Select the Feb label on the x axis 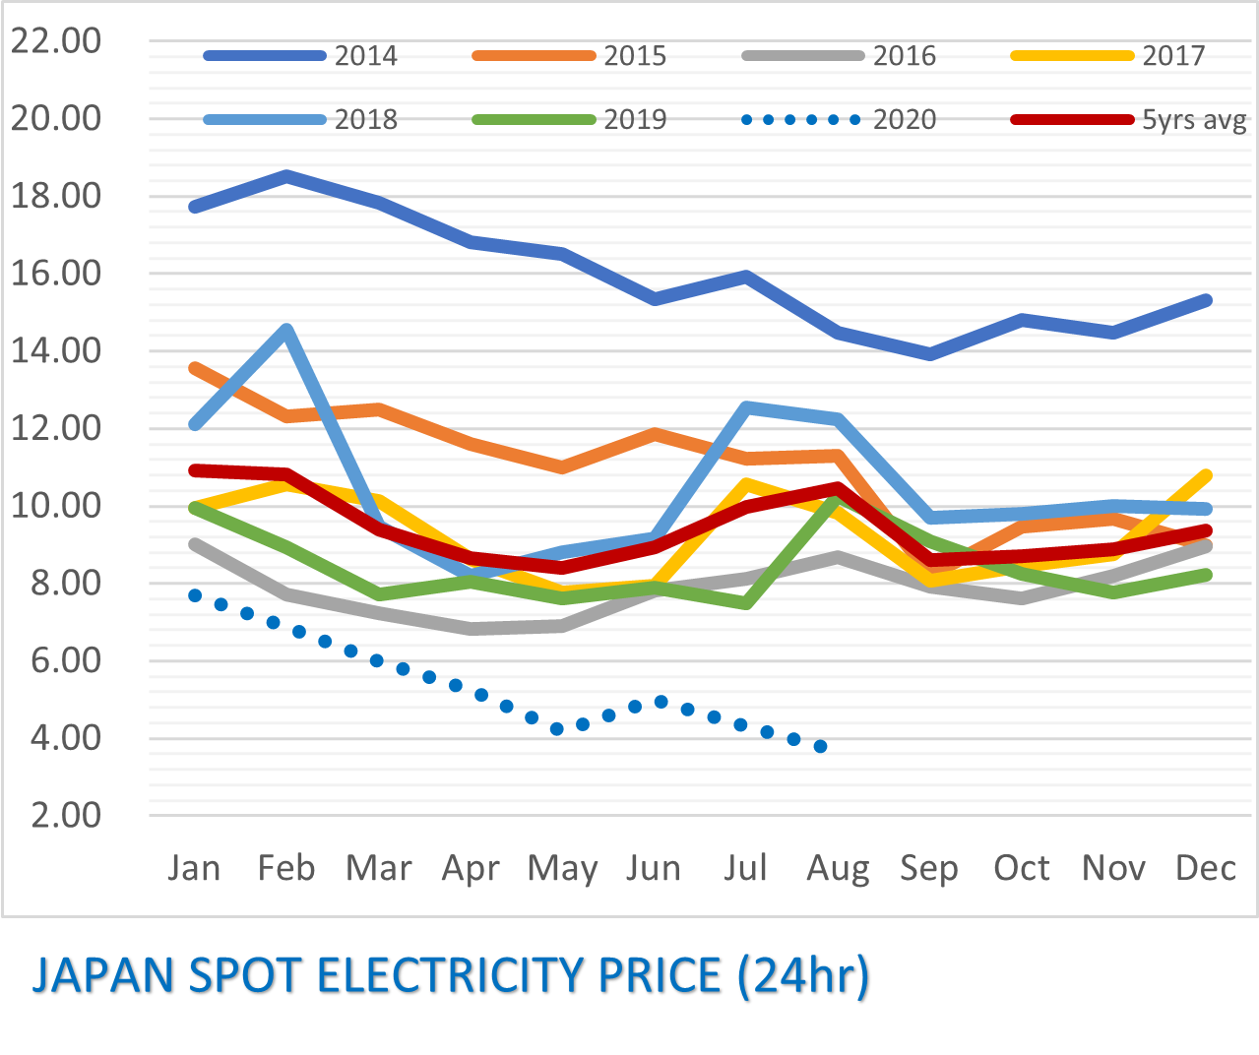pos(286,868)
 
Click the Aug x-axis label pos(838,868)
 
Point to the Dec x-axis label pos(1206,868)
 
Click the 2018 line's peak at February pos(286,330)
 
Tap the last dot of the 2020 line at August pos(820,746)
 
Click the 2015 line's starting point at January pos(195,368)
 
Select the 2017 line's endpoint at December pos(1206,476)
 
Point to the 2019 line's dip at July pos(747,603)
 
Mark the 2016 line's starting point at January pos(195,543)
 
